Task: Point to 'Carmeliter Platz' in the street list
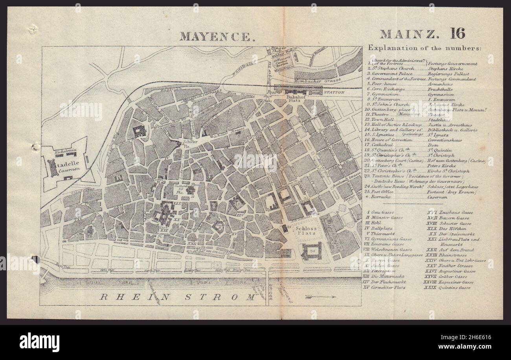(393, 288)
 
